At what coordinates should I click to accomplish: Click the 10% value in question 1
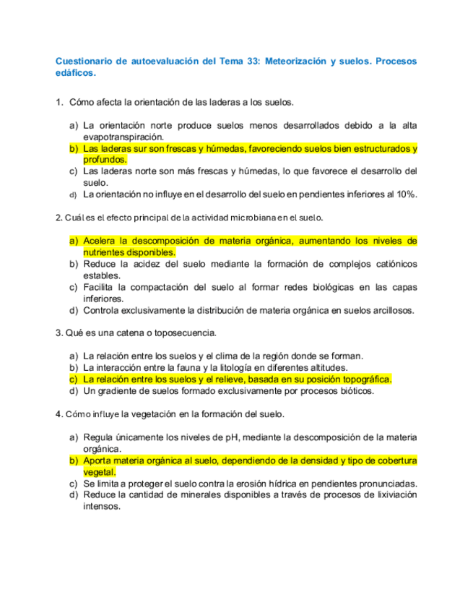407,194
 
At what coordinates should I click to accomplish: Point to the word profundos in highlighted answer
105,159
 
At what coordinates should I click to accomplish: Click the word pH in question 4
267,437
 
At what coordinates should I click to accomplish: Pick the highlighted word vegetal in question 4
99,472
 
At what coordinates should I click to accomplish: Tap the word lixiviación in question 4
389,494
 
